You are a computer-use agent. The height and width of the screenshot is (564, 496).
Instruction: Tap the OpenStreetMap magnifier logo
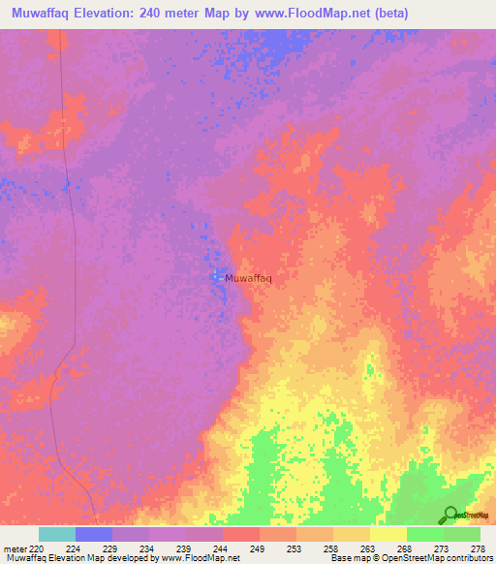point(451,515)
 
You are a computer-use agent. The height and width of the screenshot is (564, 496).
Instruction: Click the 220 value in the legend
point(38,548)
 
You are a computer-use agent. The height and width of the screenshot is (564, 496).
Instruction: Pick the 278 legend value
point(477,548)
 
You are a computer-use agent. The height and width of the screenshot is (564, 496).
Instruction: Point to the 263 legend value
point(366,548)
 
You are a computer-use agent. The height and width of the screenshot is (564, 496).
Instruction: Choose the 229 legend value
point(112,548)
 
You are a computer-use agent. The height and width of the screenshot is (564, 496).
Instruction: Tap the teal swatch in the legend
point(56,534)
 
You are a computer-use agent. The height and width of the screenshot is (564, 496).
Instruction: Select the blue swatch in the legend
point(94,534)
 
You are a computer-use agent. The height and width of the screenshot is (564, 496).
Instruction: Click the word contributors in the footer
point(466,558)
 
